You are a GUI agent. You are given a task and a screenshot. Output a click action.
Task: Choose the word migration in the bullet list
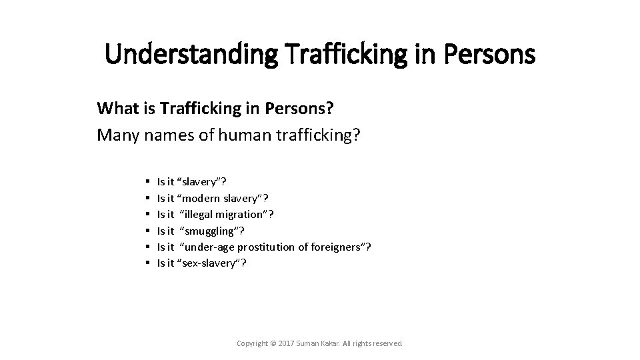tap(243, 214)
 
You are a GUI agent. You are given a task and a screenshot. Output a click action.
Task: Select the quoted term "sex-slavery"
tap(209, 263)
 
